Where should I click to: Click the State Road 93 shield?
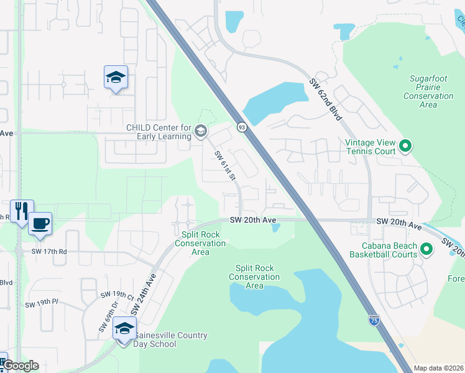tap(241, 127)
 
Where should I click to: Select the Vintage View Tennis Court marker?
tap(405, 147)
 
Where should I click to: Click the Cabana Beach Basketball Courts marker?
tap(426, 250)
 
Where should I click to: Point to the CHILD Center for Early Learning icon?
tap(200, 131)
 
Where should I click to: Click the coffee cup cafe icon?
tap(41, 223)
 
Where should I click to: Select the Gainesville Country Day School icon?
tap(124, 329)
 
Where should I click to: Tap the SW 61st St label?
tap(226, 165)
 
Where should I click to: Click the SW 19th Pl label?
tap(41, 305)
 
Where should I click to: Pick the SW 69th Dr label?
tap(103, 319)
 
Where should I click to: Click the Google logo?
tap(20, 366)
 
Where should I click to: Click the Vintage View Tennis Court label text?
tap(371, 147)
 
